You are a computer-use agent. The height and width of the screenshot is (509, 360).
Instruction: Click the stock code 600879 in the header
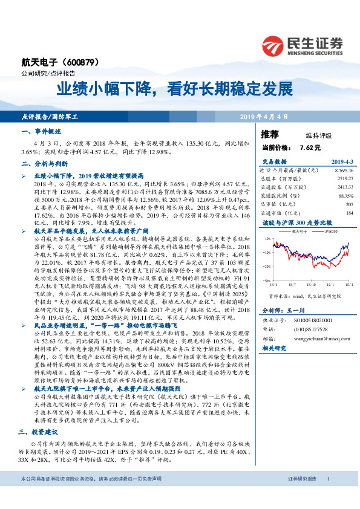[77, 62]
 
